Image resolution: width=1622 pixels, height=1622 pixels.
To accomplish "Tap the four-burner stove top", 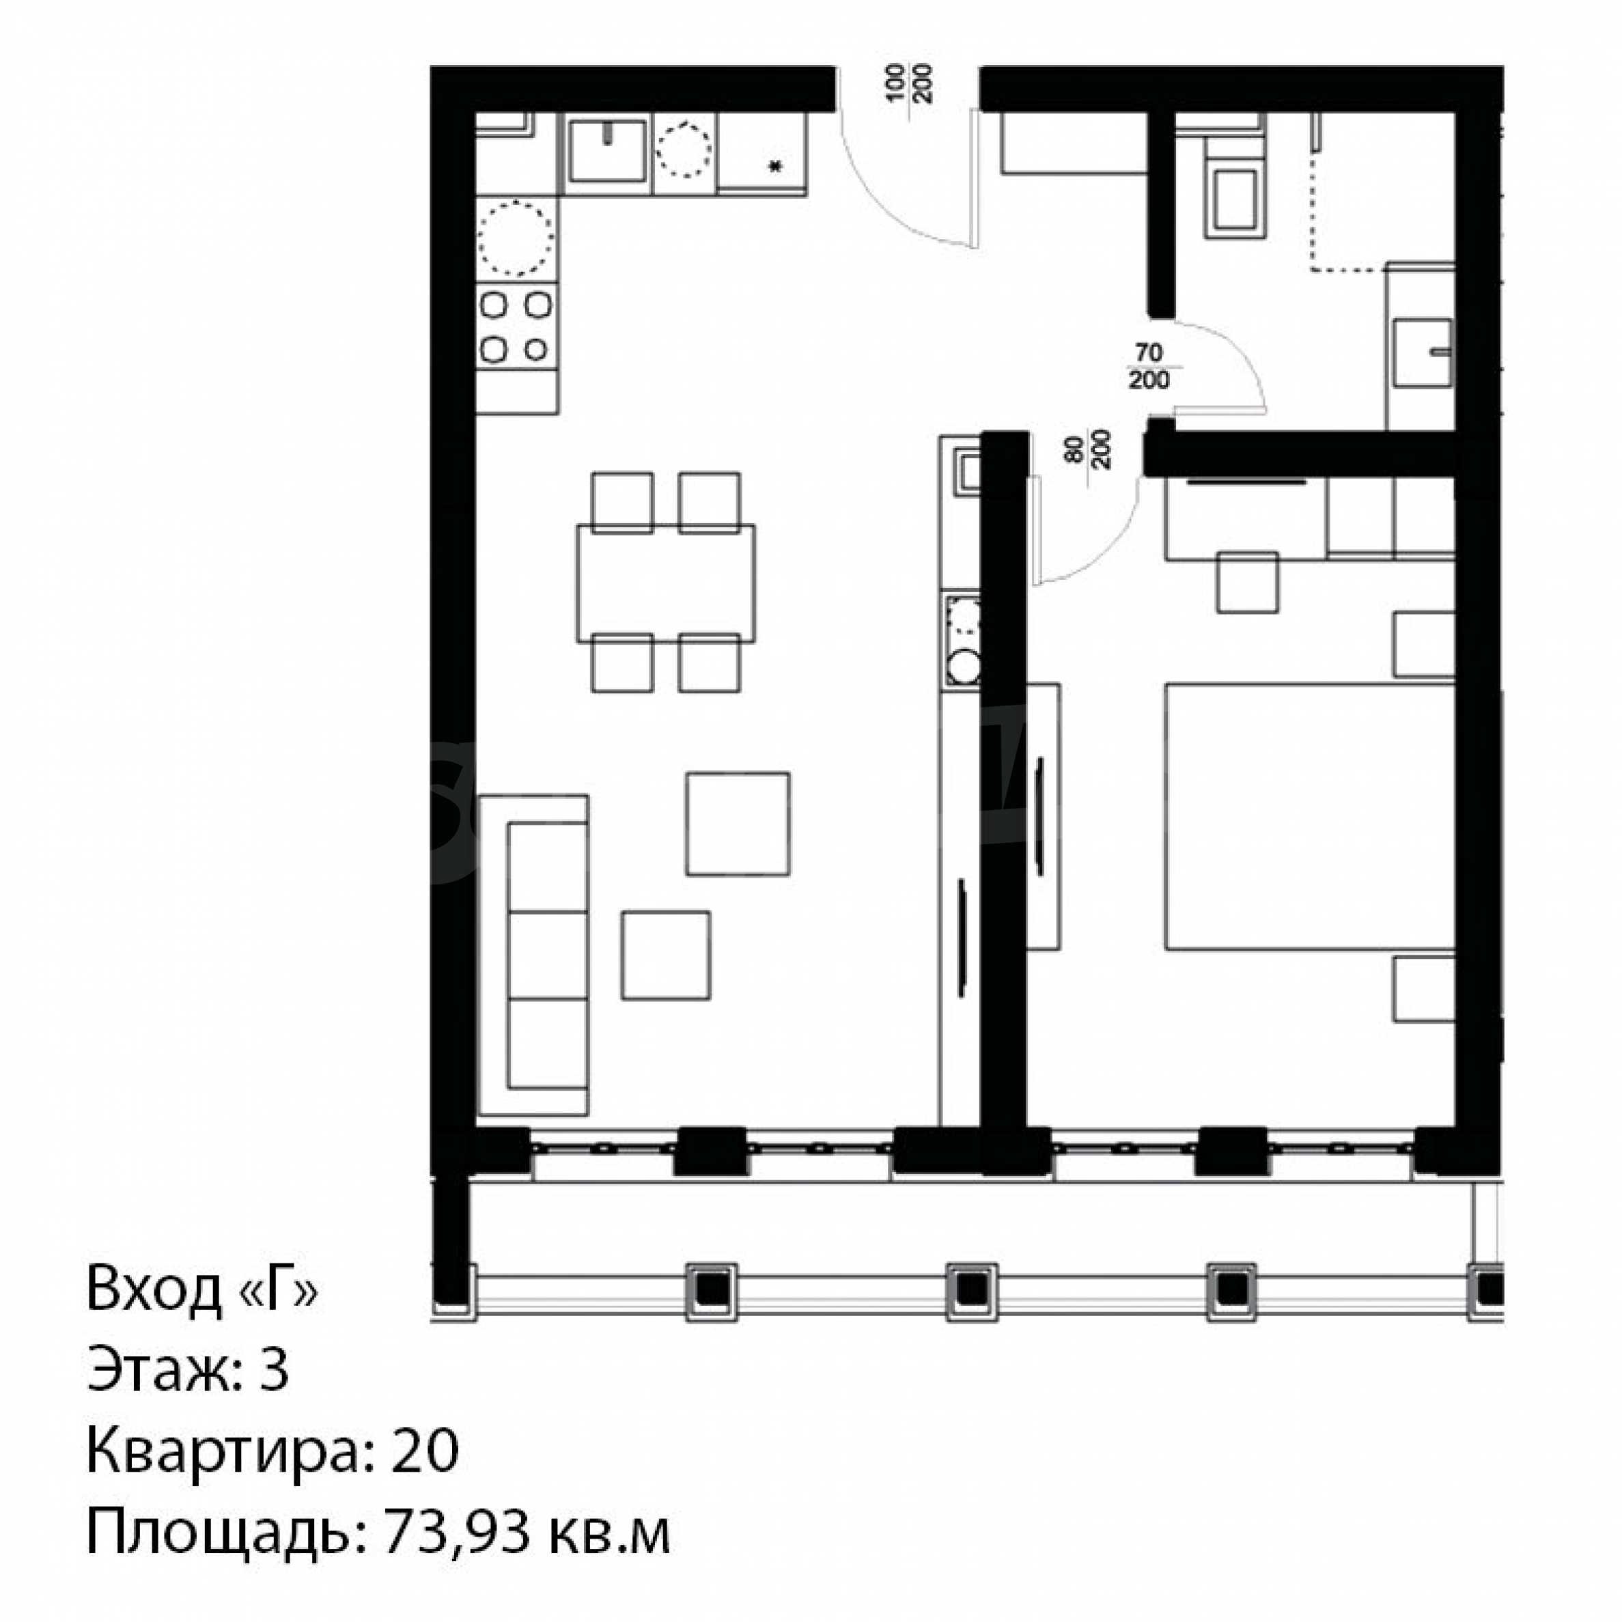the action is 516,326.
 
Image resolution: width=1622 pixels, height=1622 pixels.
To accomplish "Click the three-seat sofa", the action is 534,955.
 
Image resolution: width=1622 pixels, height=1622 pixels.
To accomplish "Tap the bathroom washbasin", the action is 1422,352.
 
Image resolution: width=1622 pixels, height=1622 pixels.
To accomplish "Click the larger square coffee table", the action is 737,824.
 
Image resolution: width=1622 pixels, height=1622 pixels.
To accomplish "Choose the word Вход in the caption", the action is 154,1288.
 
